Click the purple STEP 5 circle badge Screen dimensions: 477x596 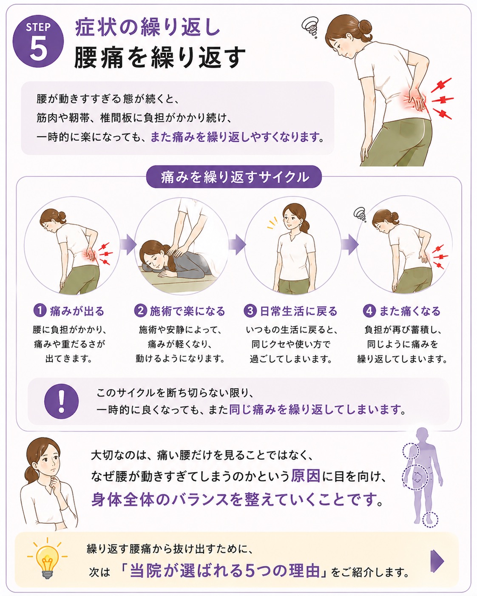[38, 41]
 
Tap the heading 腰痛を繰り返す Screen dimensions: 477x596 [160, 58]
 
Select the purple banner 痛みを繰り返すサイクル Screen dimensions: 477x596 [234, 177]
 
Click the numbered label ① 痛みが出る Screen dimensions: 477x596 [69, 311]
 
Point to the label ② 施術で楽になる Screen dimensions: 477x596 [179, 311]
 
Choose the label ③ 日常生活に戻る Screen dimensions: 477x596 [290, 311]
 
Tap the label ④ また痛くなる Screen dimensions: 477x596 [402, 311]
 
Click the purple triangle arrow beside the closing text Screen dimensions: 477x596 [437, 561]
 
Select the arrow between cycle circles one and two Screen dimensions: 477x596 [128, 244]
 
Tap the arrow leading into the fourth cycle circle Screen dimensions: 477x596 [350, 244]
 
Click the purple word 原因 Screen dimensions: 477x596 [306, 476]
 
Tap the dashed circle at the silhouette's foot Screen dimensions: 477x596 [430, 519]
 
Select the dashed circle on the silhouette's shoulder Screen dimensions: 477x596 [410, 451]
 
